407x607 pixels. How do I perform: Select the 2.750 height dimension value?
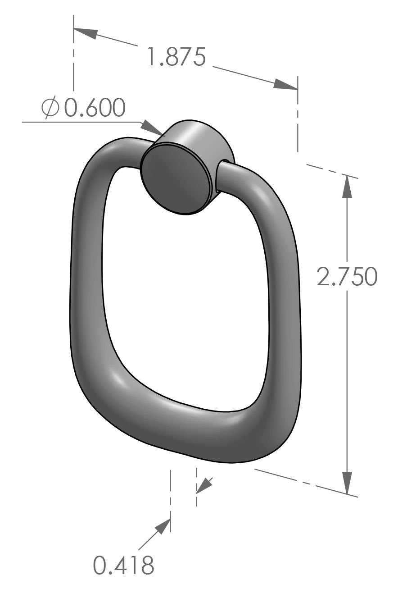[x=346, y=276]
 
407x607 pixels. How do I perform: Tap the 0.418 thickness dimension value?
[x=123, y=565]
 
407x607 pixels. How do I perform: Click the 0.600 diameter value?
[x=94, y=108]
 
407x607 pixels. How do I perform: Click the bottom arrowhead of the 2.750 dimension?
[x=347, y=483]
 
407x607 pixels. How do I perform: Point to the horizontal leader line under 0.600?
[x=81, y=122]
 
